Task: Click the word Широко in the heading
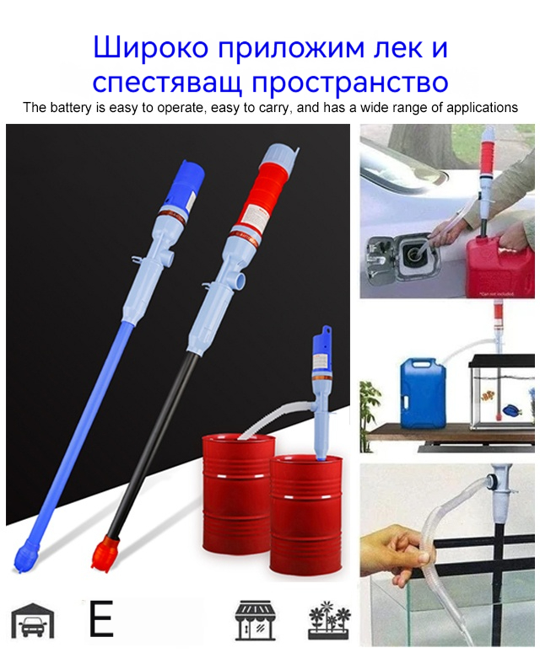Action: (150, 47)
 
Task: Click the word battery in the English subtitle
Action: (70, 108)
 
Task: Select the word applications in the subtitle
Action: (482, 108)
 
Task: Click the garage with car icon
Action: (33, 620)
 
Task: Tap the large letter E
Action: (101, 618)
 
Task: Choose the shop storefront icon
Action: (255, 620)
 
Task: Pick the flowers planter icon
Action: (329, 620)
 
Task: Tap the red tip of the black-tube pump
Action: (105, 554)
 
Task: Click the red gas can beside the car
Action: (499, 265)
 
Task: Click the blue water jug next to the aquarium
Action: (423, 393)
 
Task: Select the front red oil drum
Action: (306, 517)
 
